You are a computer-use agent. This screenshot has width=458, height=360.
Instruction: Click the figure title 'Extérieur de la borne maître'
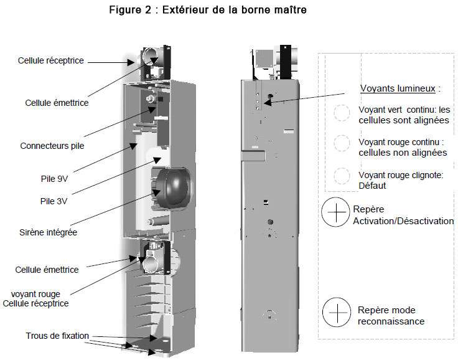tap(234, 9)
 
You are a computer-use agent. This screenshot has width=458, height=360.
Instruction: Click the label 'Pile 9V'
tap(54, 179)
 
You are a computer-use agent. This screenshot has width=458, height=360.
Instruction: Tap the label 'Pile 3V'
tap(54, 201)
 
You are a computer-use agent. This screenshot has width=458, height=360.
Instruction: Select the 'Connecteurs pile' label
tap(52, 146)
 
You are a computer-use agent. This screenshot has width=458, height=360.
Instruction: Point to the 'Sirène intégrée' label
tap(48, 232)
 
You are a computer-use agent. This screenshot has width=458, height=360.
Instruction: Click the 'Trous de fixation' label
tap(57, 336)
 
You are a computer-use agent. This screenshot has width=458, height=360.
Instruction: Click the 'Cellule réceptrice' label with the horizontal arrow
tap(51, 60)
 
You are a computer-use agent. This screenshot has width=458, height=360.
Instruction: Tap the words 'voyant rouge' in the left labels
tap(35, 294)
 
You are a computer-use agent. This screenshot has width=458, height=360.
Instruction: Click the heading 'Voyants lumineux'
tap(398, 88)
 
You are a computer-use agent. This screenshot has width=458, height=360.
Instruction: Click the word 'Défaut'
tap(372, 186)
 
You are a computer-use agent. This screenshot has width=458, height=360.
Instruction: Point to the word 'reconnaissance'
tap(391, 321)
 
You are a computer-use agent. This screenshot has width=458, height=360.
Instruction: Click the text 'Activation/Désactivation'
tap(403, 221)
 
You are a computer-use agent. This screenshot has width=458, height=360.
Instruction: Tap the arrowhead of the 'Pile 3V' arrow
tap(157, 160)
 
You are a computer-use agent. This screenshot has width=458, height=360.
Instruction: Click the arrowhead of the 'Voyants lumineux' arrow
tap(268, 102)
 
